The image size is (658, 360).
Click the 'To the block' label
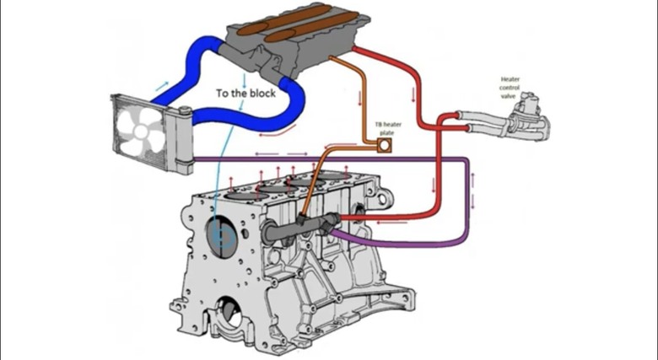[246, 93]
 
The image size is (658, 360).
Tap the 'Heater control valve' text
[510, 88]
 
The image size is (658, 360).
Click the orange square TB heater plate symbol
[384, 145]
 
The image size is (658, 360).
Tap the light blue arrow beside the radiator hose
[162, 86]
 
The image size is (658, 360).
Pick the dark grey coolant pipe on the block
[300, 228]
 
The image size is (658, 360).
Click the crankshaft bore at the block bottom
[229, 312]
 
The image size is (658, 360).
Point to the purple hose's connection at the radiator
[195, 159]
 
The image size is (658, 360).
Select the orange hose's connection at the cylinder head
[331, 58]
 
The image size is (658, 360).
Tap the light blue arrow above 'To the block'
[245, 78]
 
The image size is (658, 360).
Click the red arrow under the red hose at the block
[391, 223]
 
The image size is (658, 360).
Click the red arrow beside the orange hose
[359, 98]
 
